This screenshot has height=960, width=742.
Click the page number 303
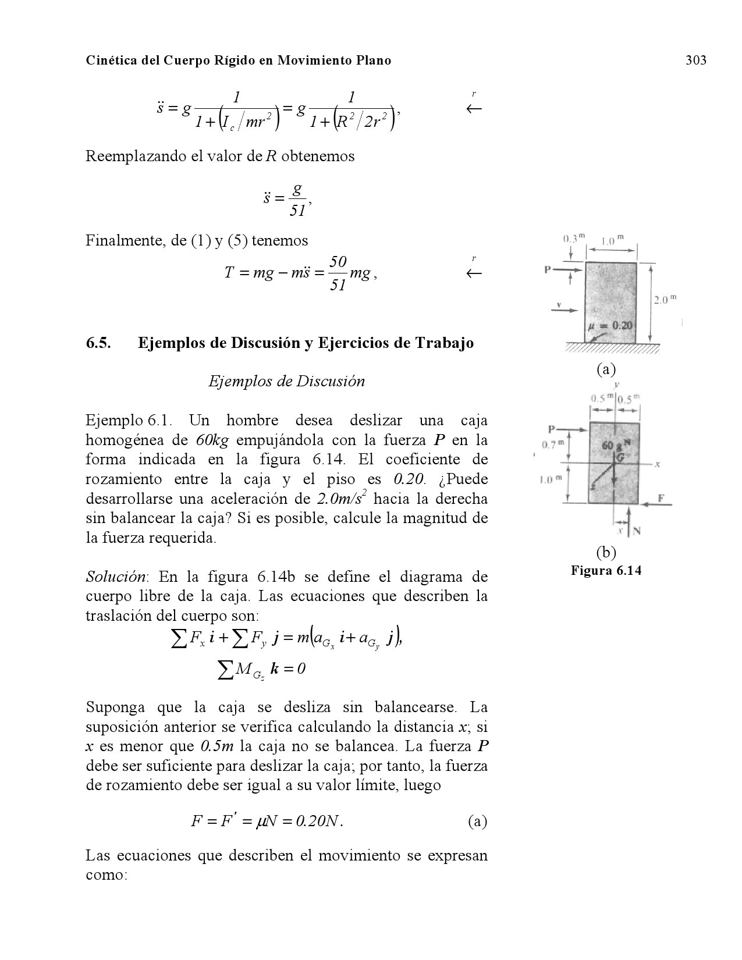coord(695,60)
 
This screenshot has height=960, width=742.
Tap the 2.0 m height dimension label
coord(665,300)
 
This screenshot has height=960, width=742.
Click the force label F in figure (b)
coord(661,498)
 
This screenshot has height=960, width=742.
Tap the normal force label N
coord(637,531)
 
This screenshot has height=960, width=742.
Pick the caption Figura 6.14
coord(606,570)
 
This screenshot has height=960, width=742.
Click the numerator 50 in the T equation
coord(338,262)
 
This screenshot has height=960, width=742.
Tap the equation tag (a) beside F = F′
coord(477,822)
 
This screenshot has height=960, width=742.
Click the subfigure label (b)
coord(606,551)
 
